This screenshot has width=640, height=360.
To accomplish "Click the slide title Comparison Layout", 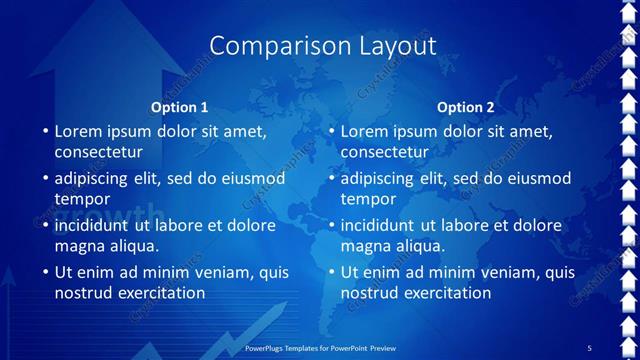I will [x=323, y=45].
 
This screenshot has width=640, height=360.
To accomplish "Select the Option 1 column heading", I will [x=180, y=107].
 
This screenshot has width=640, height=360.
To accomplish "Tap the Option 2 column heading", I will [x=466, y=107].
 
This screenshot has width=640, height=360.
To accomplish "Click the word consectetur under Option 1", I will [x=98, y=152].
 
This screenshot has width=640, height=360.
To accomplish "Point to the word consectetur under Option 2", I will [x=384, y=152].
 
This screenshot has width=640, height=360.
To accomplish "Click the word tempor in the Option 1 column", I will [x=82, y=199].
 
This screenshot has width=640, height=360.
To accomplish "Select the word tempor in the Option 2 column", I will [x=368, y=199].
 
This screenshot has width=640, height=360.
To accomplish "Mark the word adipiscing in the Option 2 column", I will [x=379, y=178].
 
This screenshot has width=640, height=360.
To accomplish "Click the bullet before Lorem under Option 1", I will [x=45, y=131].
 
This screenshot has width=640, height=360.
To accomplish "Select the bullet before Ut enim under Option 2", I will [x=331, y=272].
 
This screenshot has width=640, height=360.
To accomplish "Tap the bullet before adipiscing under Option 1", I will [x=45, y=178].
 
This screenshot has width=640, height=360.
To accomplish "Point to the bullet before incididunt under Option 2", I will [x=331, y=225].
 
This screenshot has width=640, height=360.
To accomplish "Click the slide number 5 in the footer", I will [x=589, y=347].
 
